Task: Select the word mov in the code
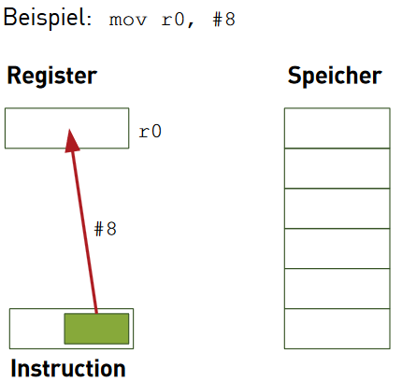[x=128, y=21]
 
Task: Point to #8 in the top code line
[x=223, y=20]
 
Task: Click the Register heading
[x=52, y=76]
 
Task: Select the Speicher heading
[x=335, y=76]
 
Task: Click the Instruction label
[x=68, y=368]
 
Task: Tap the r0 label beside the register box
[x=150, y=132]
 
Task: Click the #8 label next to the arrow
[x=105, y=229]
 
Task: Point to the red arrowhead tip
[x=69, y=129]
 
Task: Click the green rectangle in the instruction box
[x=96, y=329]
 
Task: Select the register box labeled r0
[x=66, y=128]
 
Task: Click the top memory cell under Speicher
[x=337, y=128]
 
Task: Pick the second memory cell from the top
[x=337, y=168]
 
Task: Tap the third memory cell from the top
[x=337, y=208]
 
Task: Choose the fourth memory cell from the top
[x=337, y=248]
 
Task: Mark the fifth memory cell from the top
[x=337, y=289]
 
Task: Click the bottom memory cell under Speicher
[x=337, y=329]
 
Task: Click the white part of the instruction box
[x=36, y=329]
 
